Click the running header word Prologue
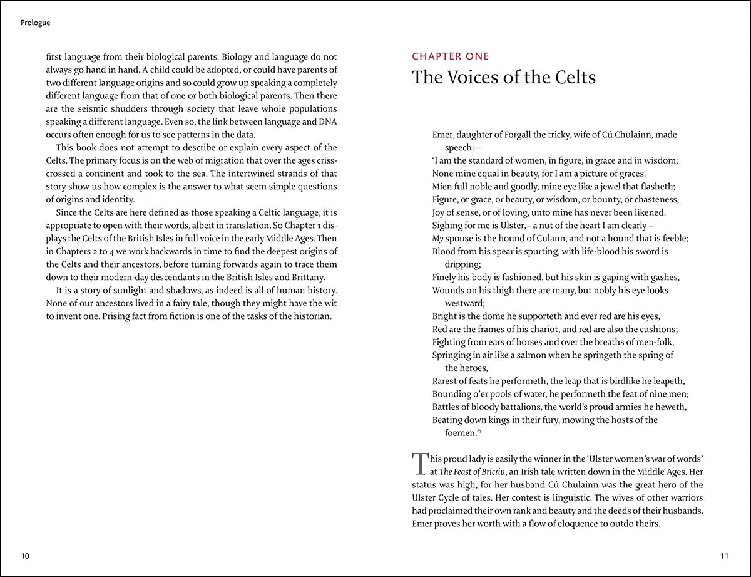click(35, 23)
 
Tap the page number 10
click(25, 556)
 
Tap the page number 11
click(725, 556)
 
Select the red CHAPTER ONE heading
click(451, 56)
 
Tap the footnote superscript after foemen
click(479, 430)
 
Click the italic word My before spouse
click(438, 239)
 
